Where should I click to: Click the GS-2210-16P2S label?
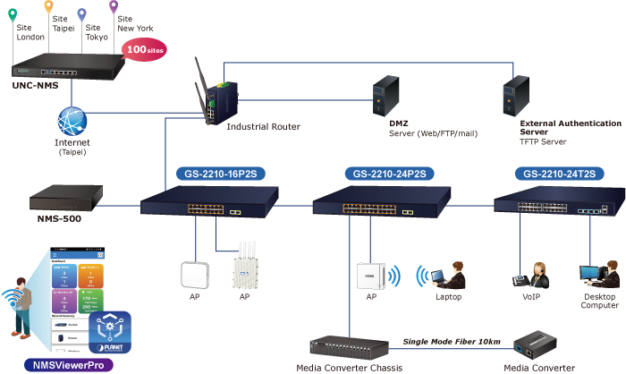[211, 174]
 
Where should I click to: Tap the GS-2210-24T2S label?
[558, 174]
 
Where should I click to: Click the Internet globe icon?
[72, 121]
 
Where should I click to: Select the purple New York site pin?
[114, 7]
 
